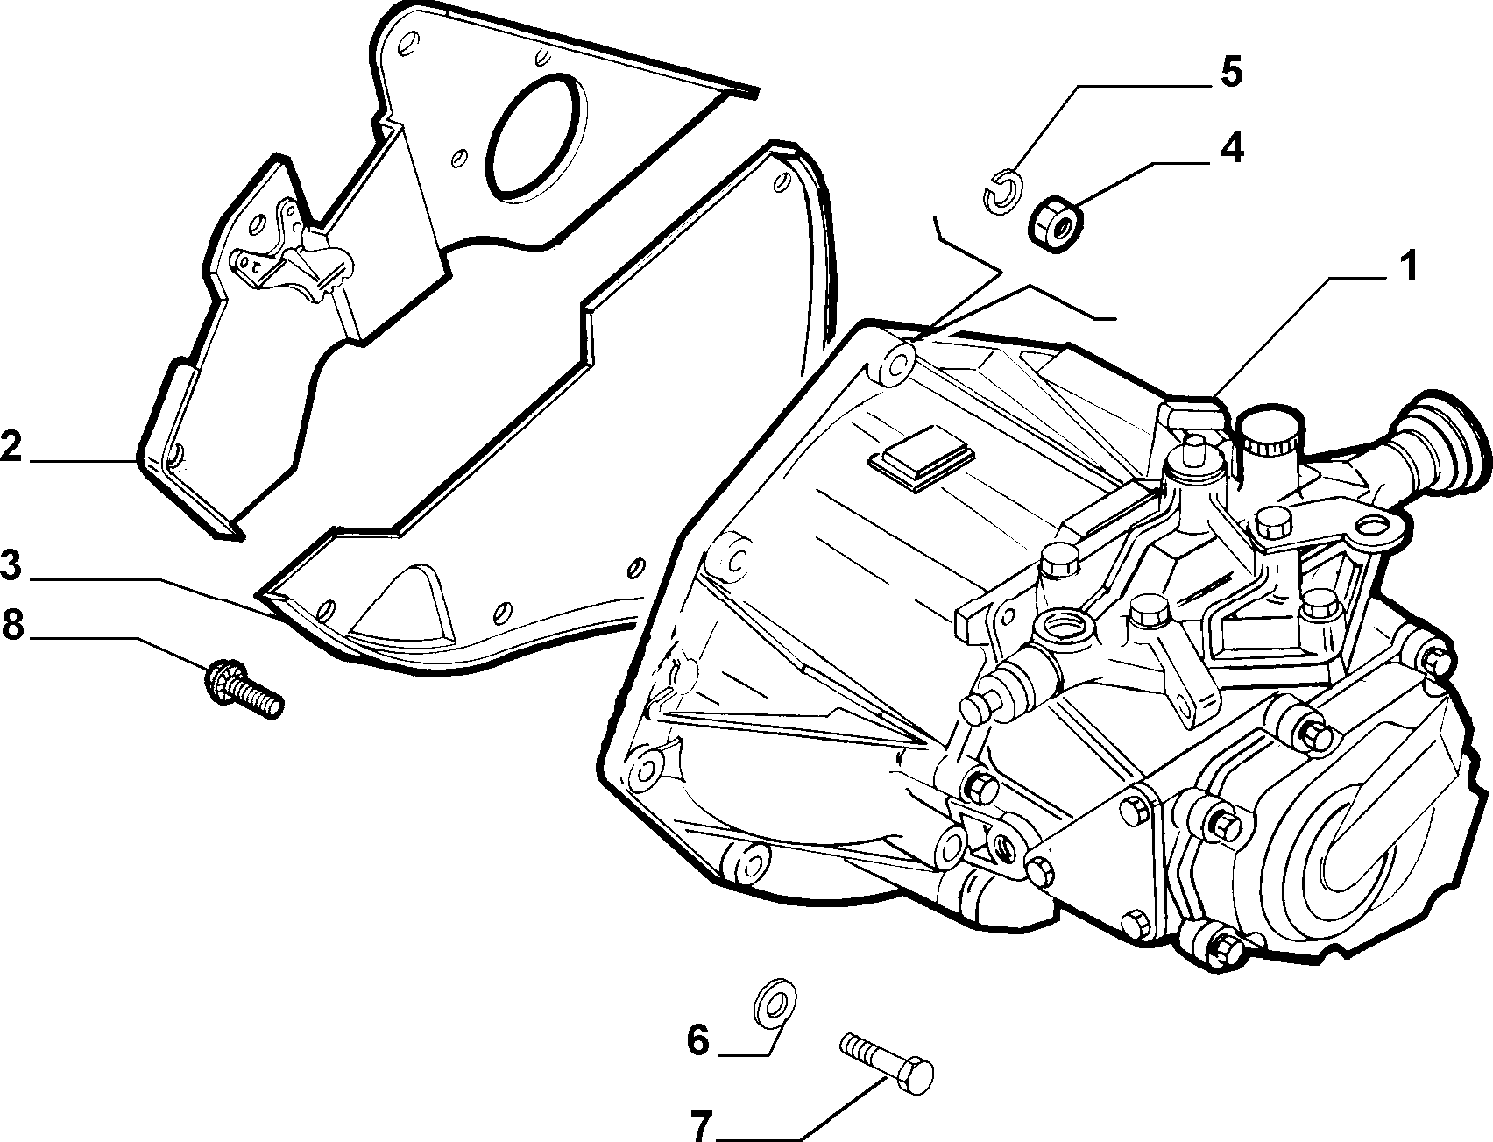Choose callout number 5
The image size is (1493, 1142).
(x=1231, y=73)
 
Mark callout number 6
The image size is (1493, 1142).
(x=697, y=1042)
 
